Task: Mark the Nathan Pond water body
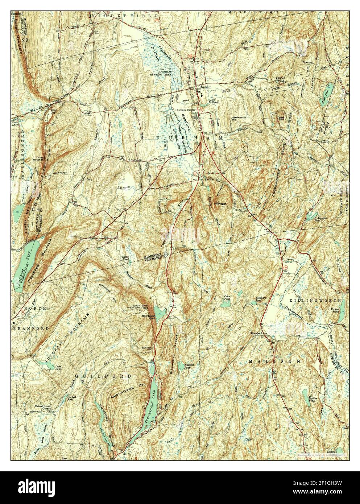pos(305,394)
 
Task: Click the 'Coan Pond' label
pos(227,297)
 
